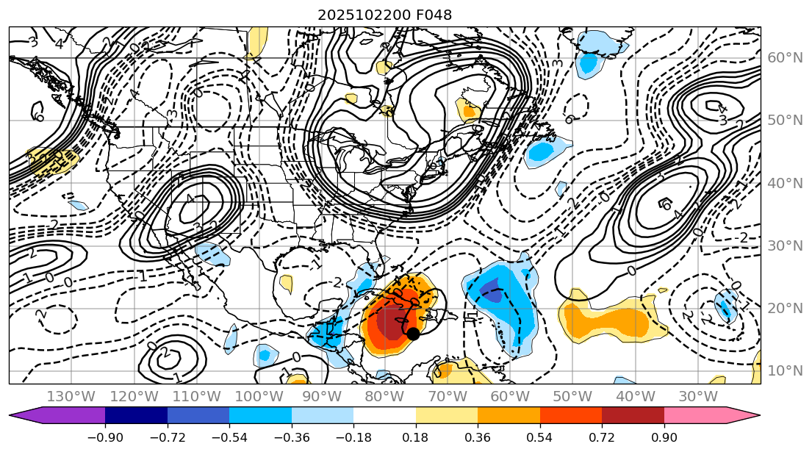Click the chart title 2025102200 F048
click(384, 15)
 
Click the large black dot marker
click(413, 333)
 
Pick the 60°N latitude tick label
click(784, 57)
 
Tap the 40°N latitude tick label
click(784, 183)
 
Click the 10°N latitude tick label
click(784, 371)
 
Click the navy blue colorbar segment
click(136, 416)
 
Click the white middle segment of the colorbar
click(384, 416)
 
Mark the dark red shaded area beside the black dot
click(389, 323)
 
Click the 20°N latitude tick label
click(784, 309)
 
